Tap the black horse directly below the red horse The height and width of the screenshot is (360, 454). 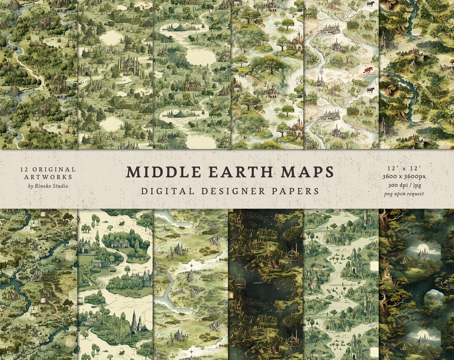point(370,90)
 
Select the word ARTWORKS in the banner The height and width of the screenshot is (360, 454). point(48,178)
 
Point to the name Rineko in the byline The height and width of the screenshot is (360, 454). point(45,186)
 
